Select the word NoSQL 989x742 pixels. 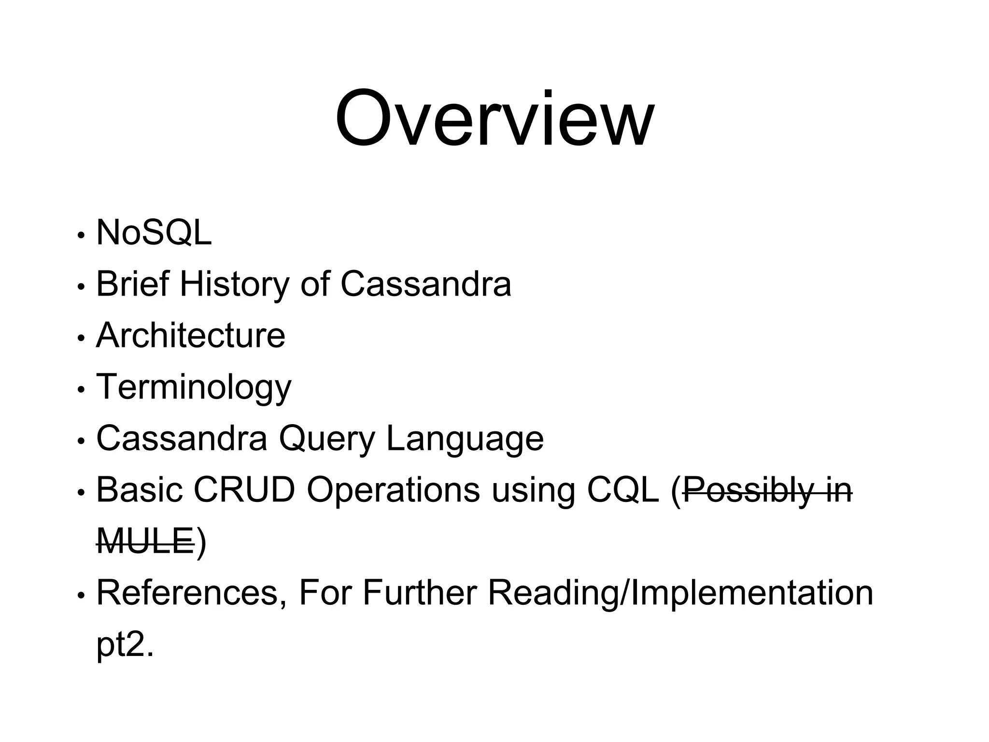154,233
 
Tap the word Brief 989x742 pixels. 133,284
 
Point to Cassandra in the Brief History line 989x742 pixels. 425,284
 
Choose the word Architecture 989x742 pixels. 191,335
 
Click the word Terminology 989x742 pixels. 194,387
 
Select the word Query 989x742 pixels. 326,439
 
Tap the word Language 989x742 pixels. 465,439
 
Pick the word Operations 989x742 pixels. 393,490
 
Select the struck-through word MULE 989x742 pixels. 145,541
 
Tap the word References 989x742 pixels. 187,593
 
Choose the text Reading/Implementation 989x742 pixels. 680,593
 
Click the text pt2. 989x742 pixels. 125,645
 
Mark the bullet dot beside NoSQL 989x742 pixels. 81,236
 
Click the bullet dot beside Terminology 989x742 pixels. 81,389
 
